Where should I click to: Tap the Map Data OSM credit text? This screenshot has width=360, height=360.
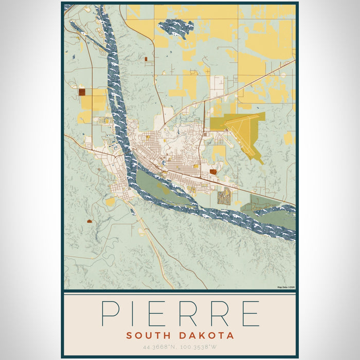[285, 287]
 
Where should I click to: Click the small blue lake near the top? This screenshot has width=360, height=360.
[176, 27]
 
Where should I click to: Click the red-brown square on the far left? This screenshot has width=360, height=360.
[82, 92]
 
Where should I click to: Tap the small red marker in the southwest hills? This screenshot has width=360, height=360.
[90, 221]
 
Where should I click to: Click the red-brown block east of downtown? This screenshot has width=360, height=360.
[213, 172]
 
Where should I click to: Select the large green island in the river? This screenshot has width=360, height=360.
[154, 183]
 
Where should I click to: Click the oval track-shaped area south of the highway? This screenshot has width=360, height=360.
[225, 196]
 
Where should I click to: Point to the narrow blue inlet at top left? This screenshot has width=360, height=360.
[87, 33]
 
